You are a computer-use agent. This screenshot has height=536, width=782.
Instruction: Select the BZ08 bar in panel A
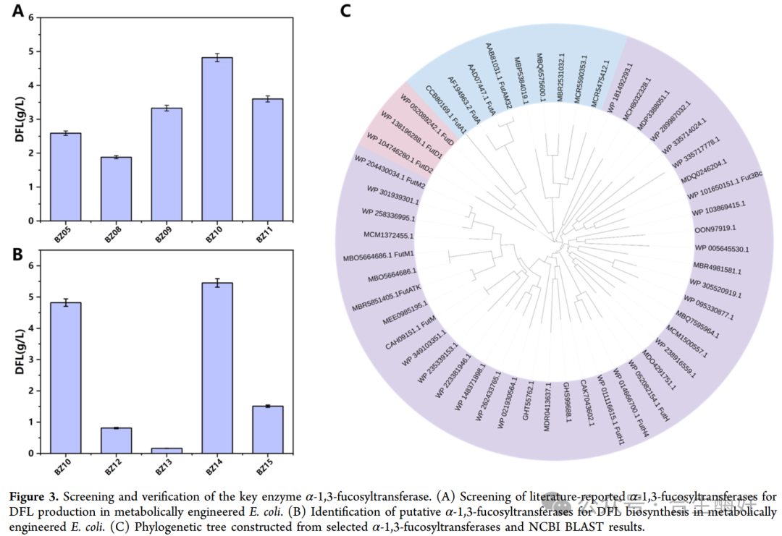[x=116, y=189]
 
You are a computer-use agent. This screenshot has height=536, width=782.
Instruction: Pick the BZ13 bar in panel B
[x=167, y=450]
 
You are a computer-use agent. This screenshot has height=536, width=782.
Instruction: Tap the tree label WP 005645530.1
[x=721, y=249]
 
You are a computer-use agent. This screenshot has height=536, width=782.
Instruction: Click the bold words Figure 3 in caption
[x=34, y=496]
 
